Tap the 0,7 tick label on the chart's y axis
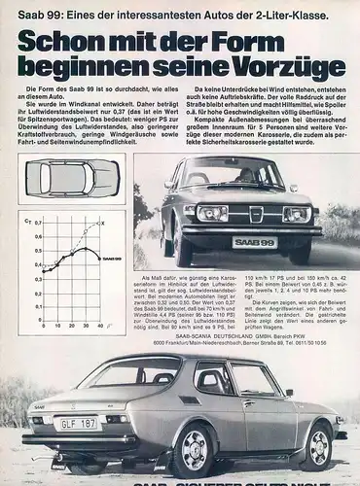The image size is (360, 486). click(38, 224)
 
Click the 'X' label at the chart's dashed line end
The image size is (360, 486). click(103, 224)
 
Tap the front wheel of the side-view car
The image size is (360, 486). click(316, 445)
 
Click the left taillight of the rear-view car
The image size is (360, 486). click(37, 420)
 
